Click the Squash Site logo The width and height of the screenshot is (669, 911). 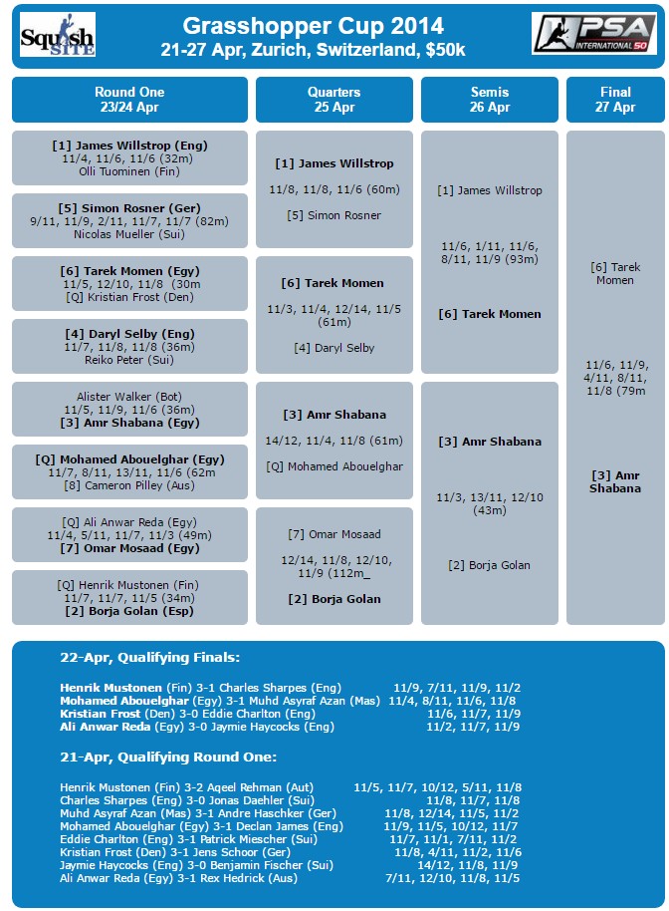click(57, 35)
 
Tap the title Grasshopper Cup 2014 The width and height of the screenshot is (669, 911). click(314, 26)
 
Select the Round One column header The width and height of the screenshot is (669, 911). click(129, 100)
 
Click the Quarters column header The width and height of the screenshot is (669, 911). click(334, 100)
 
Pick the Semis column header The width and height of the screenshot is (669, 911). click(489, 100)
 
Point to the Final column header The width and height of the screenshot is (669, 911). click(614, 100)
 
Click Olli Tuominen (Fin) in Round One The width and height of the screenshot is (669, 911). click(129, 171)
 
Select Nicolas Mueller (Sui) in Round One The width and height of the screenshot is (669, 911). click(129, 234)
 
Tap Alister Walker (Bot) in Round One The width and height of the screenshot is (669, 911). click(129, 397)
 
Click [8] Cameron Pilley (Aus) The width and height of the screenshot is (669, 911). click(129, 485)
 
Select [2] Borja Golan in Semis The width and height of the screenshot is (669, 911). click(489, 565)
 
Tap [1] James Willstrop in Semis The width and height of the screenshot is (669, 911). click(489, 190)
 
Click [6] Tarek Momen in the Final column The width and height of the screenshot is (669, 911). click(614, 273)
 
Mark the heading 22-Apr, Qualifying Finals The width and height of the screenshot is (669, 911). click(148, 657)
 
